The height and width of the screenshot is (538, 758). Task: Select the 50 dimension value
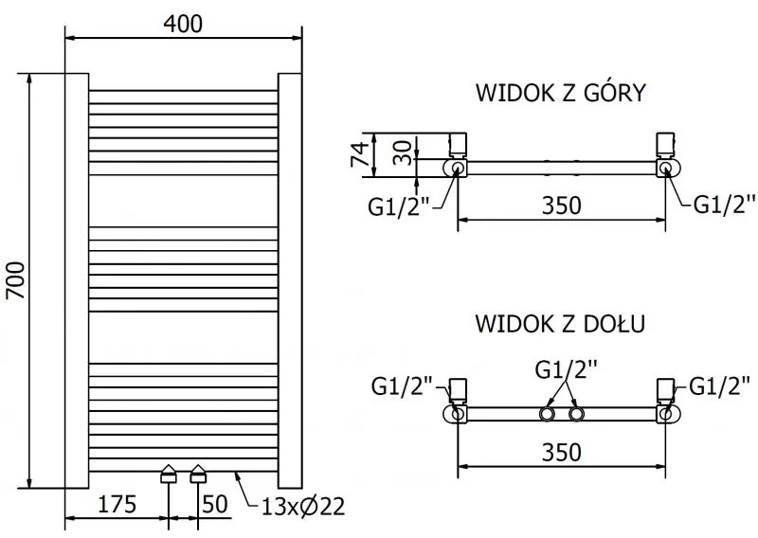pyautogui.click(x=216, y=503)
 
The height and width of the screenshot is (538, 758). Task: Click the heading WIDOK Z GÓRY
pyautogui.click(x=561, y=93)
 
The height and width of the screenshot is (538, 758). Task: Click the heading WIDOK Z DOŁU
pyautogui.click(x=561, y=323)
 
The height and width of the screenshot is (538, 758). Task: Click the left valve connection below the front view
pyautogui.click(x=169, y=475)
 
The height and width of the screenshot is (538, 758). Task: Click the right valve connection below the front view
pyautogui.click(x=198, y=475)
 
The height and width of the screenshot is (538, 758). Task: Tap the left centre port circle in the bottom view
pyautogui.click(x=548, y=415)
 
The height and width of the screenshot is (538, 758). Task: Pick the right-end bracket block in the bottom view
pyautogui.click(x=667, y=390)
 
